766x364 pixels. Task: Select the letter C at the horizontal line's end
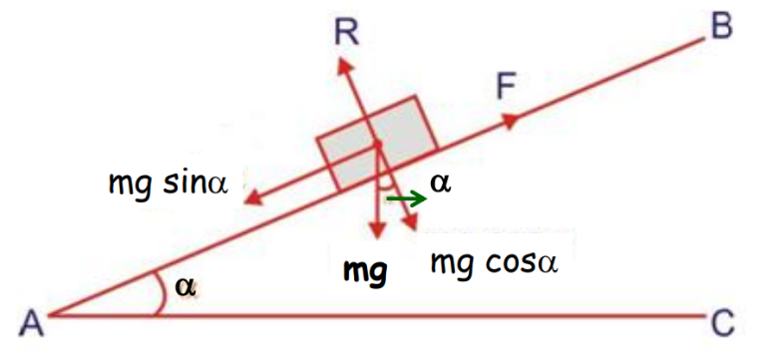tap(724, 322)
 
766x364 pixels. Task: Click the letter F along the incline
tap(506, 89)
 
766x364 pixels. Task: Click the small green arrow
tap(406, 199)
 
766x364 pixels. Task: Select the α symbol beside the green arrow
tap(439, 182)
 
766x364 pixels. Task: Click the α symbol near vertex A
tap(185, 285)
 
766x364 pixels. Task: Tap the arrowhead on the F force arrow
tap(512, 121)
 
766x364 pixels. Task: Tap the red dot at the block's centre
tap(378, 147)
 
